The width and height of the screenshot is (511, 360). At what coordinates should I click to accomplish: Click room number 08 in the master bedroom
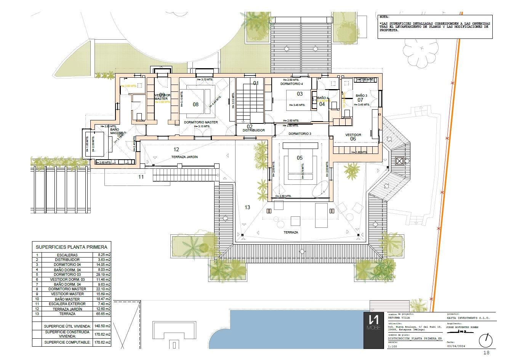195,104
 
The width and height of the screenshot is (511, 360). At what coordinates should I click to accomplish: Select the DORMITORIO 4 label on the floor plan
292,84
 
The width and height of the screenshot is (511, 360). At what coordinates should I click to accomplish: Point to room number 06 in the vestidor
353,139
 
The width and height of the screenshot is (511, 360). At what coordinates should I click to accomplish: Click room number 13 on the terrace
247,207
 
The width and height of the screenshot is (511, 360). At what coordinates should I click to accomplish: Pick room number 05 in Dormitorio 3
300,158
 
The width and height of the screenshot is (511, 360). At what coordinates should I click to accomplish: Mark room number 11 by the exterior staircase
141,177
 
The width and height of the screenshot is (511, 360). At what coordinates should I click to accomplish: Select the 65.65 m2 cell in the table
103,314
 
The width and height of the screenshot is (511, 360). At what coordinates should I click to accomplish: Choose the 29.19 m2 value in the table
103,274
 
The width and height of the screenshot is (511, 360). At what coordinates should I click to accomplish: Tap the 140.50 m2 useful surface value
103,326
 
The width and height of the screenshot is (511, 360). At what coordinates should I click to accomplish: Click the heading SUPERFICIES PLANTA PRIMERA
71,247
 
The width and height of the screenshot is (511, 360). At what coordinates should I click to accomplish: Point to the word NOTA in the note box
384,17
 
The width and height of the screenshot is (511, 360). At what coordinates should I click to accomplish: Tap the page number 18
486,353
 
